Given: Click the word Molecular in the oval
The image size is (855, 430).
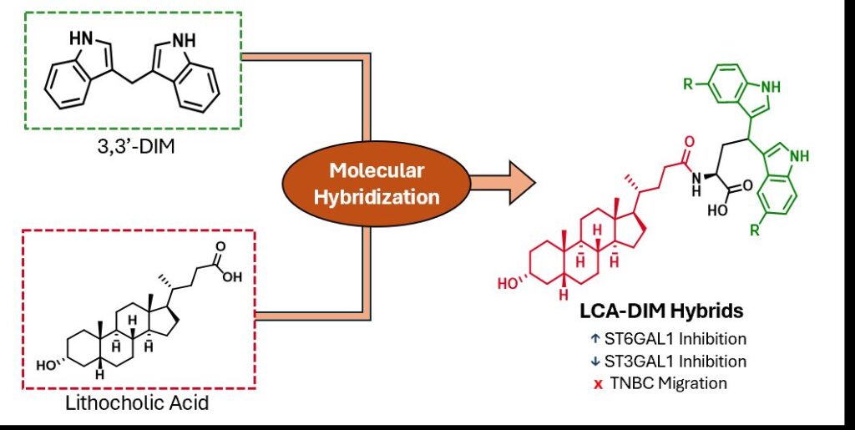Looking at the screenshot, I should point(377,171).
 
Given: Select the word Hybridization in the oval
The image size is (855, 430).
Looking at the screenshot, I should point(377,198).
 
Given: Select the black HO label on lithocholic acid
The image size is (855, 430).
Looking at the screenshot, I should point(47,365).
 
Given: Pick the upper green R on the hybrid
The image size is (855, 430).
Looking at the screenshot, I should point(686,85).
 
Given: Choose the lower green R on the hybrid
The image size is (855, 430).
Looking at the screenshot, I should point(756,230).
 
